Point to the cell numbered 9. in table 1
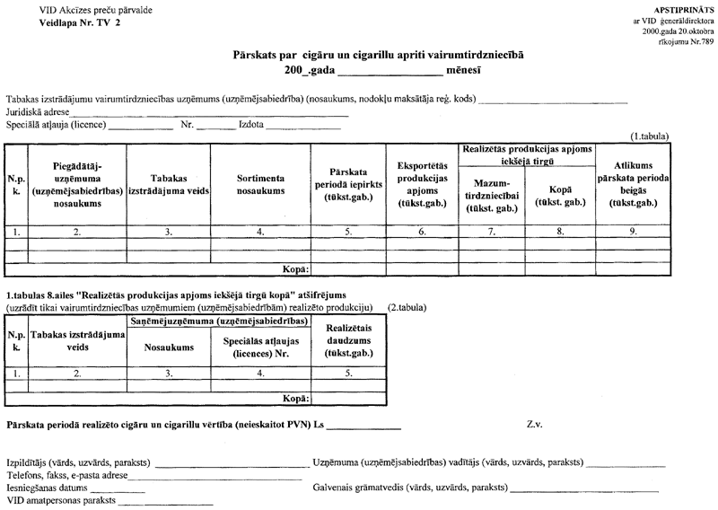point(633,231)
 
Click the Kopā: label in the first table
point(296,268)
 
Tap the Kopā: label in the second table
point(296,396)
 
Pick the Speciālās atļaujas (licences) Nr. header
point(259,347)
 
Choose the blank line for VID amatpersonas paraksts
point(161,504)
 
